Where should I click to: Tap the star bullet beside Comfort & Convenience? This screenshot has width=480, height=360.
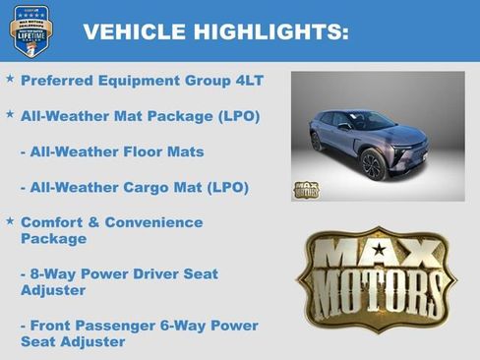[x=10, y=221]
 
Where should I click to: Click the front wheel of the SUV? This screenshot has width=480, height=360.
[x=372, y=164]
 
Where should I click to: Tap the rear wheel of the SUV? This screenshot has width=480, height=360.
[x=317, y=141]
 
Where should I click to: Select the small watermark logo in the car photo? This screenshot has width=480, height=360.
[x=306, y=189]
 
